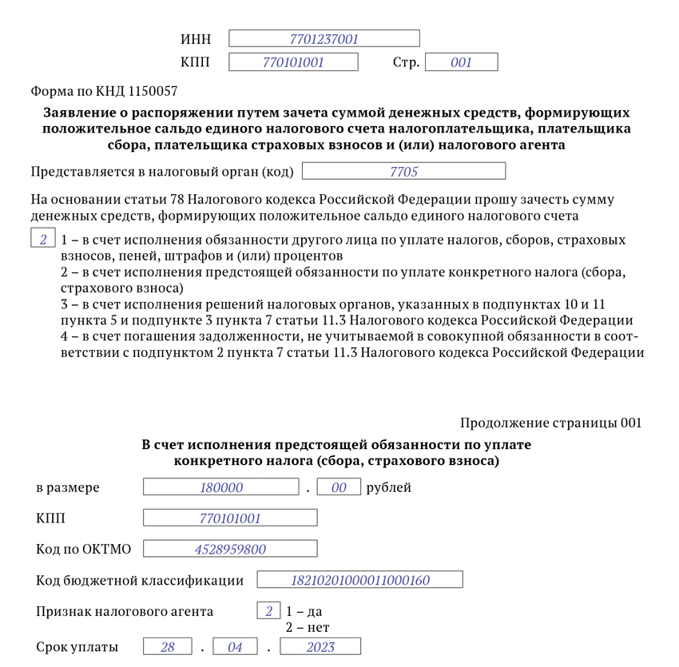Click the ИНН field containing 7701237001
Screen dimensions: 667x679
[324, 38]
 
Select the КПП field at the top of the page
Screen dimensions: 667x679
[293, 62]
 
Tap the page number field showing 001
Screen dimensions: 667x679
[461, 62]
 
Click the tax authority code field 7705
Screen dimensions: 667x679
[403, 171]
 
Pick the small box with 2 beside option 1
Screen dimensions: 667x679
[43, 240]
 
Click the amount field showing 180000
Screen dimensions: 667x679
[221, 487]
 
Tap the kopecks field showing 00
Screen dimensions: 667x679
[339, 487]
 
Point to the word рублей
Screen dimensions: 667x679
[389, 487]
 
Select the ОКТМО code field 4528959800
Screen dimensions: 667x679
[230, 550]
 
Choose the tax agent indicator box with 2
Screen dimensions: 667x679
[268, 612]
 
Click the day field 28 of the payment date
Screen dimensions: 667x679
[168, 647]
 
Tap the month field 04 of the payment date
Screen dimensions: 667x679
[235, 647]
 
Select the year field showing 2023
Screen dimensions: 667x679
[320, 647]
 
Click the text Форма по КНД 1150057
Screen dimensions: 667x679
[104, 92]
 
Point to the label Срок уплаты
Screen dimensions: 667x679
[77, 647]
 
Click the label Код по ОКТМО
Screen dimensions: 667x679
[84, 550]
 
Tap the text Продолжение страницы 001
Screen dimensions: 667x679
[550, 423]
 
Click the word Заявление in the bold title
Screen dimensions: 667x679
[80, 113]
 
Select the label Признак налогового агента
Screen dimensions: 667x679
[125, 612]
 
